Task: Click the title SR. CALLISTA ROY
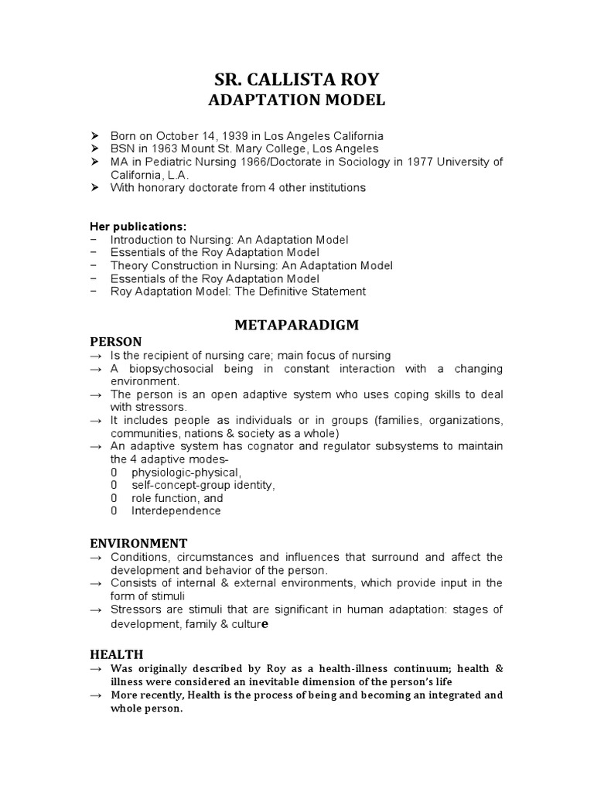297,79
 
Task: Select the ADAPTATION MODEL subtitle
297,101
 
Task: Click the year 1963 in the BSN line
172,148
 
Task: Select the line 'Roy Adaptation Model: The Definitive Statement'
238,292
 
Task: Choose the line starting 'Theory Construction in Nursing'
251,265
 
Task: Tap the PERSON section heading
116,341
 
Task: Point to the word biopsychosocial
179,369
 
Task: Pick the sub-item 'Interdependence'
176,511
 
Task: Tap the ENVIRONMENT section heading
138,543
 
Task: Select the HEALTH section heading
116,654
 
